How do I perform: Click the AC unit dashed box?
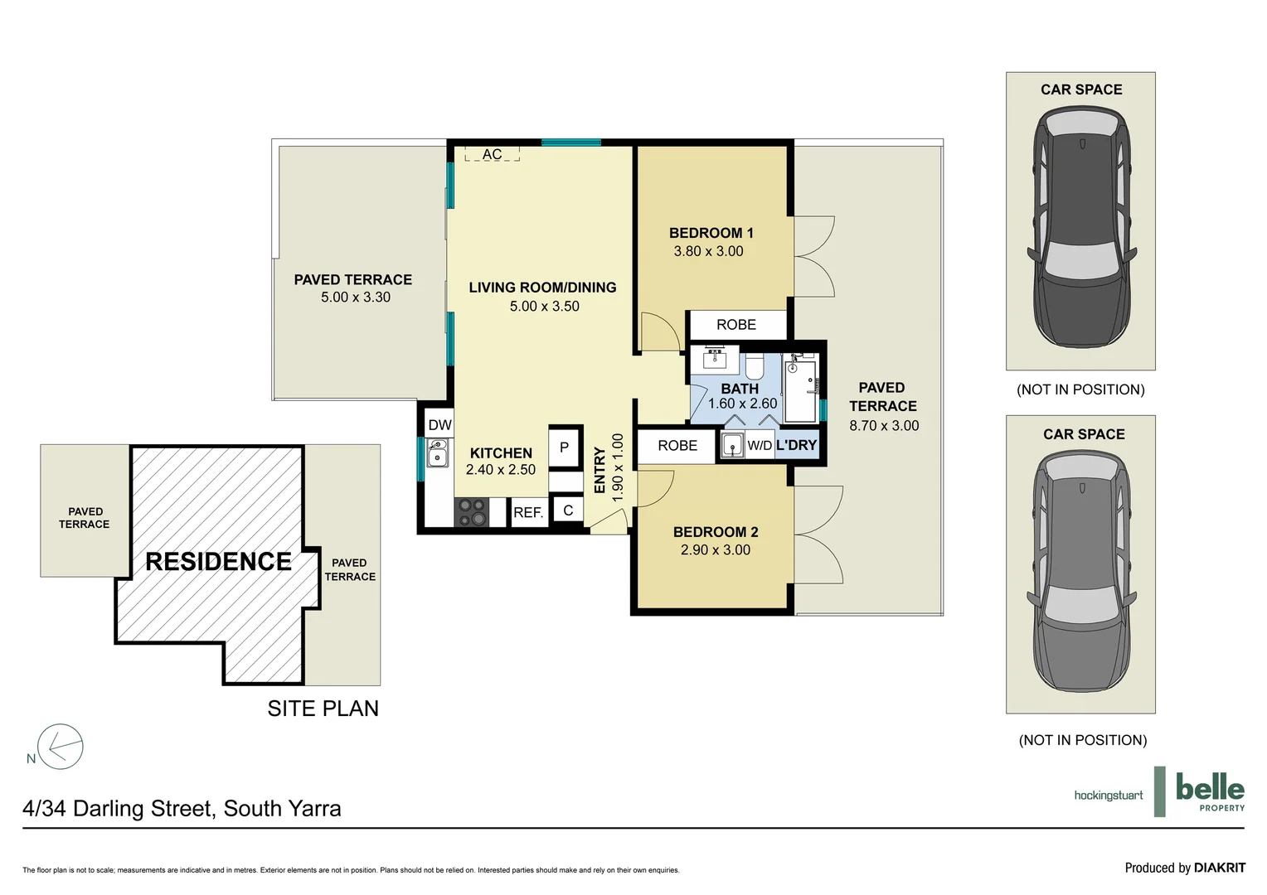coord(492,153)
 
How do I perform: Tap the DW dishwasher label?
coord(440,425)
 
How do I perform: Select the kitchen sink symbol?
coord(437,452)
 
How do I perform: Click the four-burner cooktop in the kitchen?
coord(472,512)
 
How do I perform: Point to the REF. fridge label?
coord(528,513)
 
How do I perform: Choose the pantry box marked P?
coord(565,447)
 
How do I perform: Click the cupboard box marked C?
coord(568,510)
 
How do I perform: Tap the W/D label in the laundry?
coord(760,446)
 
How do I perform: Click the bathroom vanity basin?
coord(715,359)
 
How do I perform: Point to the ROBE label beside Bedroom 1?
coord(735,325)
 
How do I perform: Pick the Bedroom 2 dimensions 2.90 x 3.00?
coord(716,549)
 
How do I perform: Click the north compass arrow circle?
coord(61,747)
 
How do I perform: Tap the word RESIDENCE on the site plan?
coord(218,561)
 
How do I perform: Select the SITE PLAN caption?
coord(323,709)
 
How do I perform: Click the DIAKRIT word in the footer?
coord(1220,868)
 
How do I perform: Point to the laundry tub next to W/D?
coord(732,445)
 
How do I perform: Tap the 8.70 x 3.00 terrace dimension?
coord(884,426)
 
